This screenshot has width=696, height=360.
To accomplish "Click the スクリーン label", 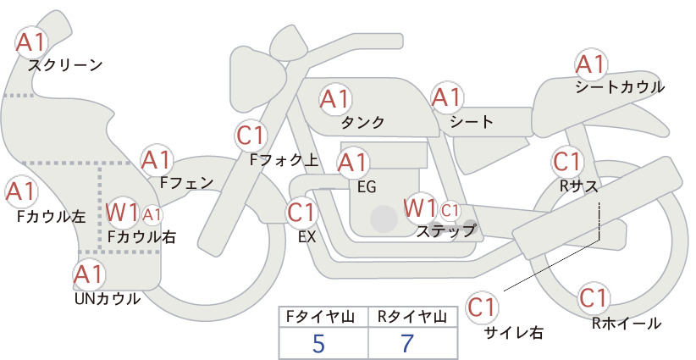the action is (x=65, y=65).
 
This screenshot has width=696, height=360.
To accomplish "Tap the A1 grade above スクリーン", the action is (x=31, y=42).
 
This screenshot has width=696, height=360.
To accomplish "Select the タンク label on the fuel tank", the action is (x=362, y=122).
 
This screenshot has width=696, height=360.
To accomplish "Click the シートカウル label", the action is (x=620, y=87).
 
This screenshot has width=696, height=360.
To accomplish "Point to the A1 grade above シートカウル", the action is (x=591, y=64).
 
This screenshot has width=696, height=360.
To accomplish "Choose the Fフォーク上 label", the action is (x=284, y=160).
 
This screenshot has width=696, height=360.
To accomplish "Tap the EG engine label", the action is (x=367, y=187).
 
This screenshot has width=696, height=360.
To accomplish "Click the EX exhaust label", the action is (x=307, y=237).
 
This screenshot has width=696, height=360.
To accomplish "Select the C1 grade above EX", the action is (x=301, y=212).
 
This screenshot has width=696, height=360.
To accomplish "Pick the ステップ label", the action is (x=445, y=231).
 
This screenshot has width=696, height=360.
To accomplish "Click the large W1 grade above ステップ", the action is (x=420, y=208).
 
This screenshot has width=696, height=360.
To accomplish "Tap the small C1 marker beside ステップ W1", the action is (x=450, y=210).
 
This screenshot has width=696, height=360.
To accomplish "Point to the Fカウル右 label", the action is (x=142, y=236).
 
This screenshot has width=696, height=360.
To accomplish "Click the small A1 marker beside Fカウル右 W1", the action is (x=152, y=215).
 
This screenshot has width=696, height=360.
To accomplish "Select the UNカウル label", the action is (x=108, y=299).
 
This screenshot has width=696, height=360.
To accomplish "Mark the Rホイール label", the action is (x=627, y=324).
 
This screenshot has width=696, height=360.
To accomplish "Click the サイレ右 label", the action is (x=513, y=333).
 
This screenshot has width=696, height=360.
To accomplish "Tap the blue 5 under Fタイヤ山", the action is (x=318, y=343).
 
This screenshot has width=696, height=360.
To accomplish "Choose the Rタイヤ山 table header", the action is (x=412, y=317).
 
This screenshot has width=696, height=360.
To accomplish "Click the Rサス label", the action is (x=578, y=187).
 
